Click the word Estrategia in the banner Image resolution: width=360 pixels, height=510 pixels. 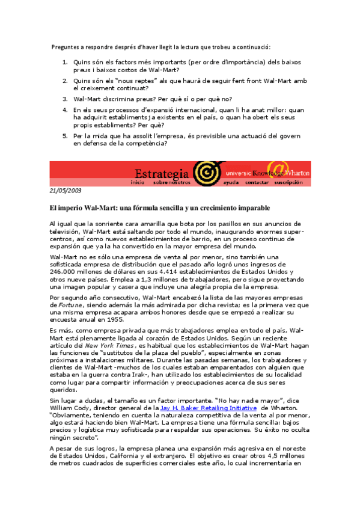162,172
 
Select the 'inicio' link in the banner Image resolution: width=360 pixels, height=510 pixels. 138,182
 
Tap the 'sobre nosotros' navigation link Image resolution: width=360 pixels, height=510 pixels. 171,182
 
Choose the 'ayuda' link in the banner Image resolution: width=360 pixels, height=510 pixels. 230,182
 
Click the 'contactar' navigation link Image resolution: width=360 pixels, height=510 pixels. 257,182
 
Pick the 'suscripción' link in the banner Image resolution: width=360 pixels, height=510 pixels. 288,182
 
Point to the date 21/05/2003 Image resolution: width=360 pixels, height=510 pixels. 65,190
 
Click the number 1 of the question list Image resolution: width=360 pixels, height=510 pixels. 65,62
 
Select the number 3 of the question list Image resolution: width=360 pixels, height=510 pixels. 65,98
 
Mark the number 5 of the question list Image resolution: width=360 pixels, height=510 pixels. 65,136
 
